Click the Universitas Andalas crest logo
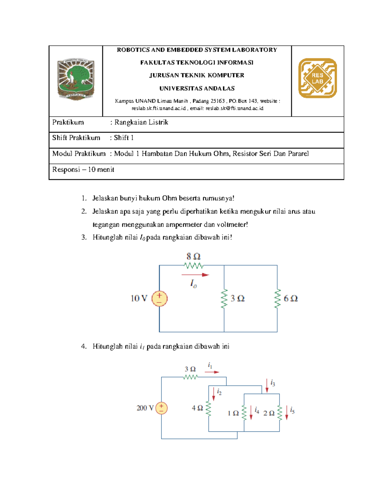76,80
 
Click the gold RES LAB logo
317,78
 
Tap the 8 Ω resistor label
193,257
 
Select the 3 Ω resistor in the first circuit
224,299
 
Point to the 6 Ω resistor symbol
277,299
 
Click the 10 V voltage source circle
160,298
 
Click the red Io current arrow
195,275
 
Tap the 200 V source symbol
161,408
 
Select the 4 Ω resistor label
197,408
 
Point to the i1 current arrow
212,372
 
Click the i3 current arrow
267,386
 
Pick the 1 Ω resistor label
233,413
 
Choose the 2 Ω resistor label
269,413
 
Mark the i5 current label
292,410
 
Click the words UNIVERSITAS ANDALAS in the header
197,88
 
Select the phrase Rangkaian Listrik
141,122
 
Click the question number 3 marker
84,237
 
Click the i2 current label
219,392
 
